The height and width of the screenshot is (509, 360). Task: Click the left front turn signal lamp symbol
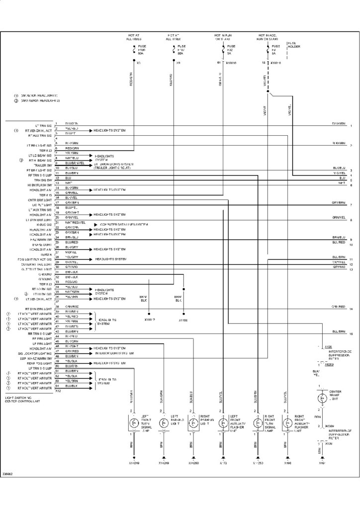click(133, 424)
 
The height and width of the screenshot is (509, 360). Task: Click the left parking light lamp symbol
click(163, 424)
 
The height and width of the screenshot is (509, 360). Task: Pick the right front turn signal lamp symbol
click(257, 424)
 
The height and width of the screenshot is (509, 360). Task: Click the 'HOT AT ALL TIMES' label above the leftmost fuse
click(134, 37)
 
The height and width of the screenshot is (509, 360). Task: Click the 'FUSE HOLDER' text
click(293, 45)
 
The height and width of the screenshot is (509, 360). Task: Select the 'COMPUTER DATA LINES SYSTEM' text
click(124, 225)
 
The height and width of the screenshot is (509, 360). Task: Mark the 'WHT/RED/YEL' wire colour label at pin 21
click(76, 222)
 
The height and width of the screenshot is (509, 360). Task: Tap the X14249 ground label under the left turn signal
click(133, 463)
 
